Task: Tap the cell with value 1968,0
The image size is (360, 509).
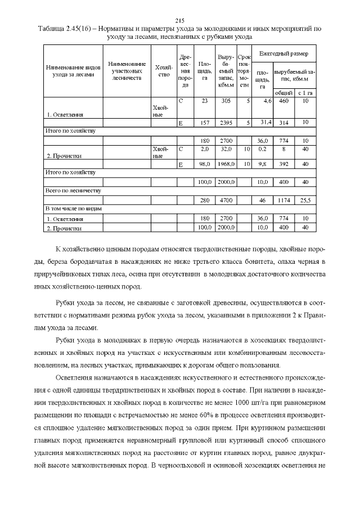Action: (x=226, y=164)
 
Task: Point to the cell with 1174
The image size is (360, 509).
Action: (x=285, y=200)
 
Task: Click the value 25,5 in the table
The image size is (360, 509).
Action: (x=305, y=200)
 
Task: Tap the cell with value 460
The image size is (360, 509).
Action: (x=284, y=101)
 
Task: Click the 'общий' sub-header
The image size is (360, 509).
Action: (x=284, y=92)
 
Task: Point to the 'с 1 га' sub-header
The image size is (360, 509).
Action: (x=305, y=92)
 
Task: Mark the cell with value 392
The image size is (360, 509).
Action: (x=285, y=164)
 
